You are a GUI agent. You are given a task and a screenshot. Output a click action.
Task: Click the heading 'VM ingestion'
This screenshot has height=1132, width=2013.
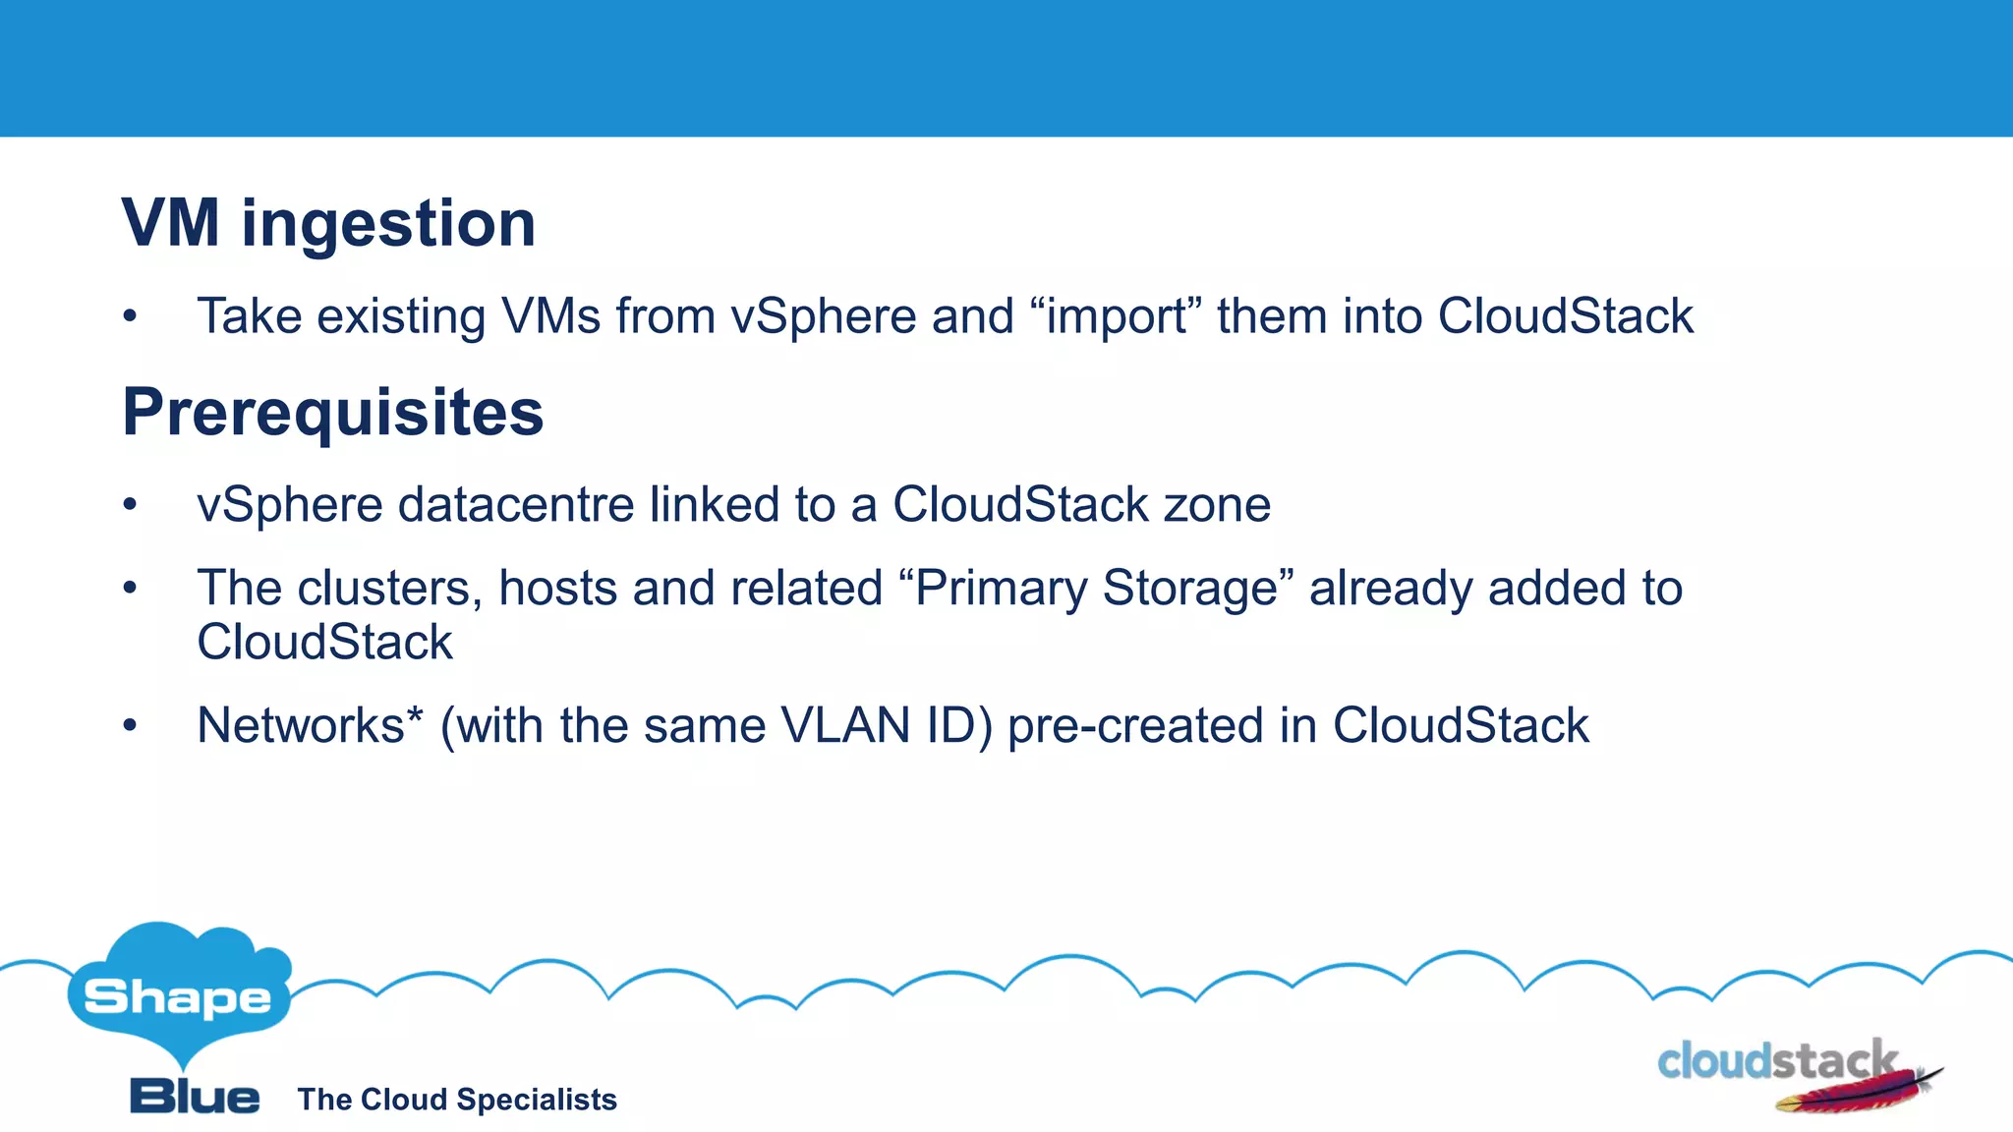pos(328,224)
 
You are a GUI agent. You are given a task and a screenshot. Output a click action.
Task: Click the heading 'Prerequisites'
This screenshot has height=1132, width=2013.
pos(332,412)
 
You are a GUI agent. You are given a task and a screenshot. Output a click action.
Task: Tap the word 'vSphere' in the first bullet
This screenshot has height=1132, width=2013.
pos(823,317)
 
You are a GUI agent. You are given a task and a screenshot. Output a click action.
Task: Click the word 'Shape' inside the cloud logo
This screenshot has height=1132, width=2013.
pos(178,998)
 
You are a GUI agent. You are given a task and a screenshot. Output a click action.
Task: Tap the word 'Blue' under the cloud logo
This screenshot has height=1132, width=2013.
pos(195,1097)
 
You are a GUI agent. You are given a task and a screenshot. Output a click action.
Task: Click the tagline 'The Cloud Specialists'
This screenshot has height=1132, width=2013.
pos(457,1100)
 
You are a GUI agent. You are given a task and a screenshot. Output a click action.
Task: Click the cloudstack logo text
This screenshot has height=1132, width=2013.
pos(1775,1061)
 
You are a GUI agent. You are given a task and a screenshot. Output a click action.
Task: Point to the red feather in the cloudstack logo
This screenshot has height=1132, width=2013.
pos(1858,1093)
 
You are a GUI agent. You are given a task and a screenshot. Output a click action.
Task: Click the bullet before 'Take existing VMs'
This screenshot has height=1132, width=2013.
pos(130,317)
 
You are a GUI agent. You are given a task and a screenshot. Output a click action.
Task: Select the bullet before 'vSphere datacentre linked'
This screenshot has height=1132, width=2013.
pos(130,505)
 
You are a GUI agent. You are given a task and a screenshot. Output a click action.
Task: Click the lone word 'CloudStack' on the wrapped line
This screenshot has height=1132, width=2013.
pos(324,643)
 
